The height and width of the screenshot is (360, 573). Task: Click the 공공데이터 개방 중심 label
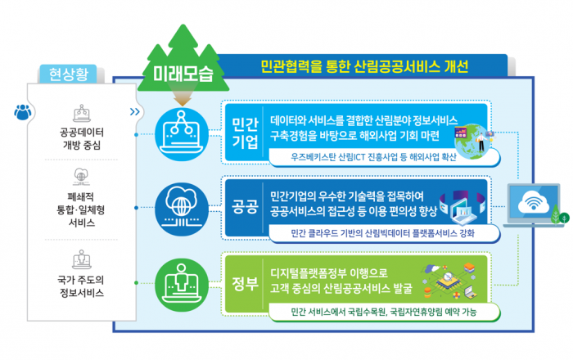pyautogui.click(x=81, y=138)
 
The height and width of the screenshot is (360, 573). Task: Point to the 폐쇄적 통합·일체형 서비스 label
pyautogui.click(x=81, y=209)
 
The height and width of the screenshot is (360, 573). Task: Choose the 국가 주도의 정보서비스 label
pyautogui.click(x=81, y=286)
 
